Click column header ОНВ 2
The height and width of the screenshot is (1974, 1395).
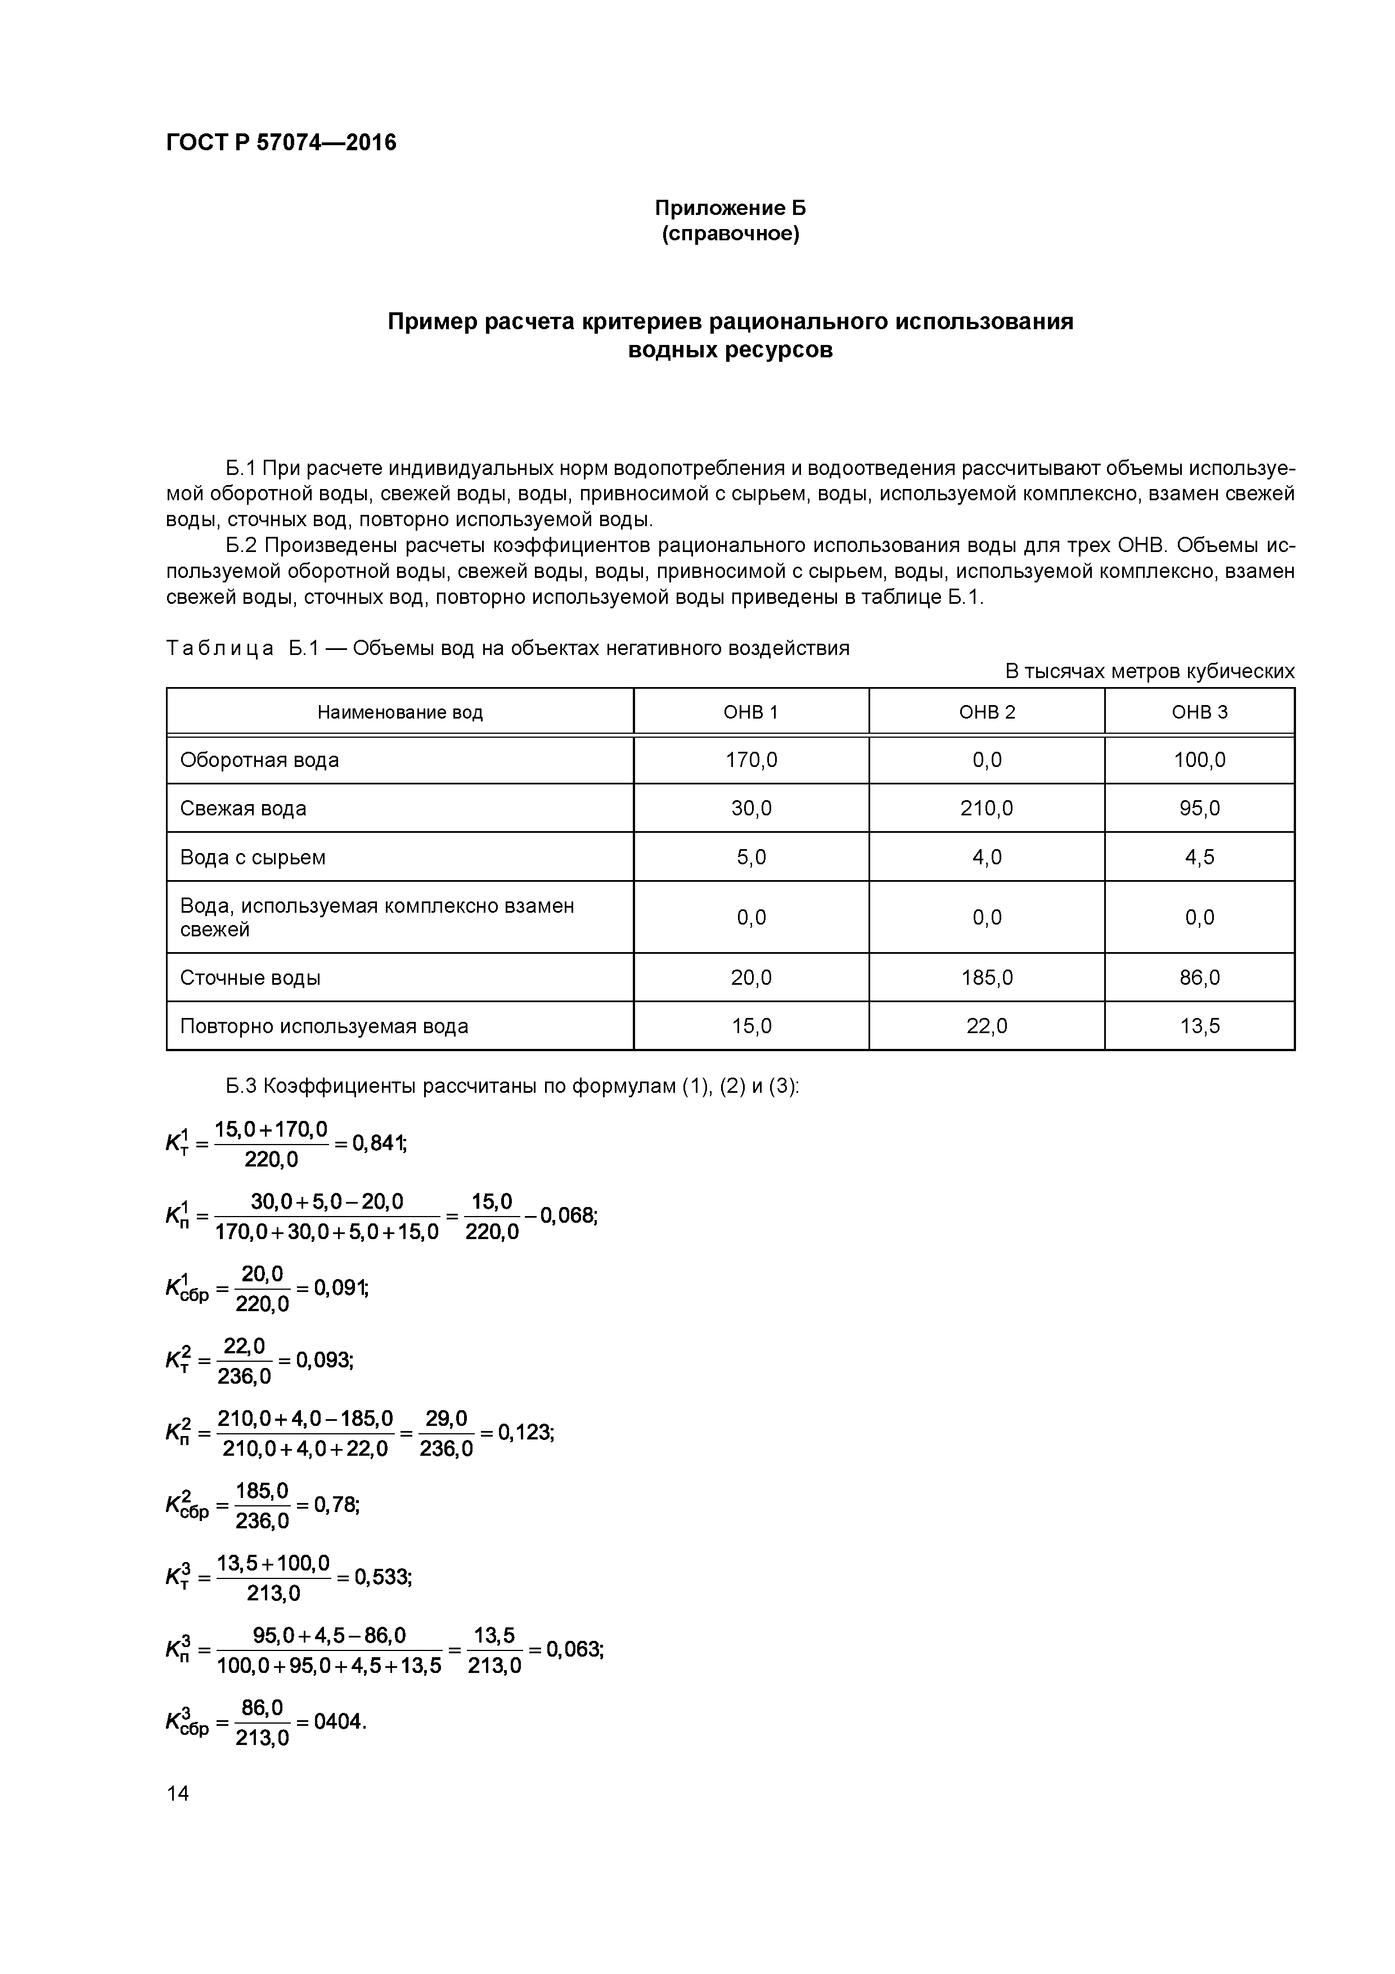986,712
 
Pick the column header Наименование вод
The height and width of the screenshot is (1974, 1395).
400,712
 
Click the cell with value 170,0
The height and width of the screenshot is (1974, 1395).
751,760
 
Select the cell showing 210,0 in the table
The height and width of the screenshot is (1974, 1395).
986,808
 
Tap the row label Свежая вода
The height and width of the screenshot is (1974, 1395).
243,808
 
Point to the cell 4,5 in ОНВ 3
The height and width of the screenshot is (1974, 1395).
1199,857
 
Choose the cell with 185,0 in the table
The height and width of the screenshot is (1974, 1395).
986,977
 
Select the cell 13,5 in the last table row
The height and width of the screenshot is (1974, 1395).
1199,1026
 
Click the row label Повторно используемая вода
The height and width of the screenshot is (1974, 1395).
324,1026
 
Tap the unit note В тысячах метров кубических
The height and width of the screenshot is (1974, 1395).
1149,671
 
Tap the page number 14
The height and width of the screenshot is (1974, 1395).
178,1793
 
